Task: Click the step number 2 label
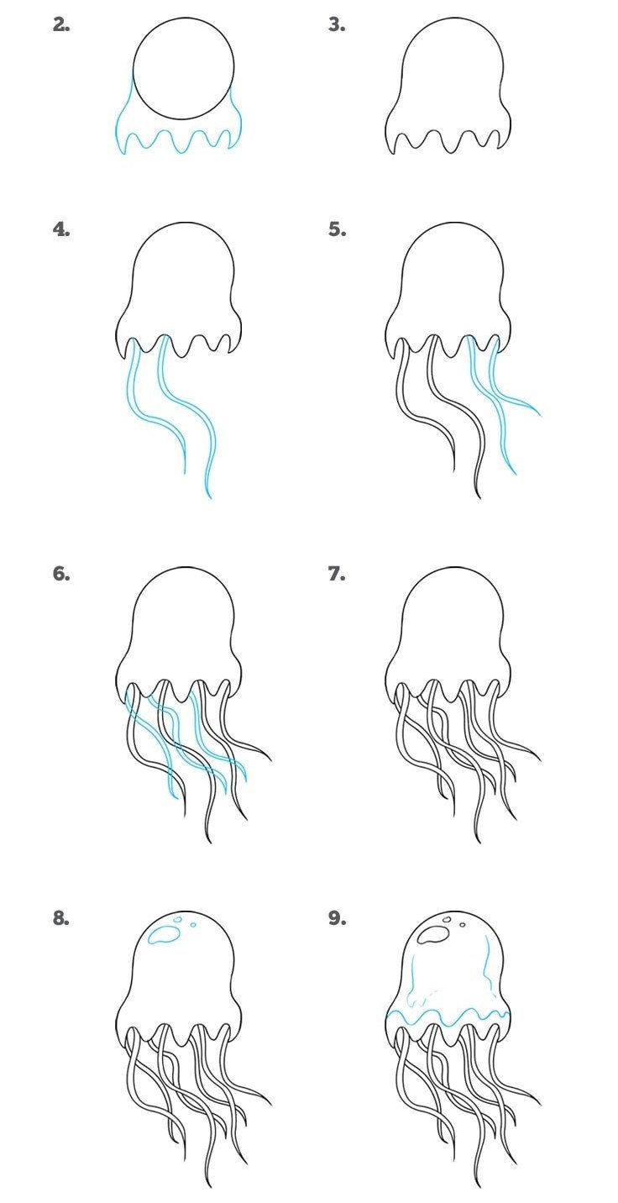pos(61,25)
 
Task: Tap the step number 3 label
pos(337,25)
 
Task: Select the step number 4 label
pos(61,230)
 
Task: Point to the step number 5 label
pos(337,230)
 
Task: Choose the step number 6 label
pos(61,574)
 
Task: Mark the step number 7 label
pos(337,574)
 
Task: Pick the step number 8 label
pos(61,918)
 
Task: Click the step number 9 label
pos(337,918)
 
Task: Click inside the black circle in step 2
pos(184,68)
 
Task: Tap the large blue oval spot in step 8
pos(163,936)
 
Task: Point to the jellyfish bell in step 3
pos(448,86)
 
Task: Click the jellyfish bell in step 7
pos(448,633)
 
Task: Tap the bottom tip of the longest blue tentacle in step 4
pos(210,498)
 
